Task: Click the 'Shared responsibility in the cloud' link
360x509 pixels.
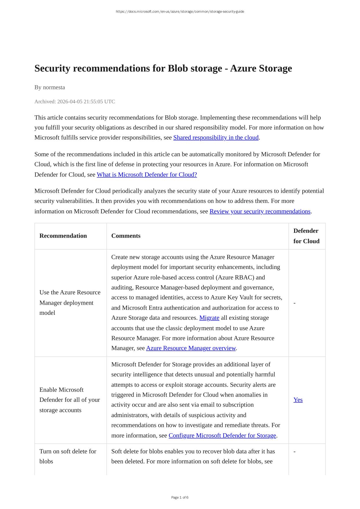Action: pos(216,138)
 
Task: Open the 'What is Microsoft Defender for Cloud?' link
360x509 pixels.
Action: pos(147,174)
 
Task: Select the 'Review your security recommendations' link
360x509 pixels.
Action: pos(260,211)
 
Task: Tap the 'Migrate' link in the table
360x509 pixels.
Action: pos(209,318)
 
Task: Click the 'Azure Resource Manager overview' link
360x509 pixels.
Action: pos(191,348)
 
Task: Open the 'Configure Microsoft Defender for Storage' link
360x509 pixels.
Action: pos(222,435)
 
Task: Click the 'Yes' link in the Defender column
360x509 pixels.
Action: pos(298,400)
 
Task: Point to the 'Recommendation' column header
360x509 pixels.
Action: pos(63,236)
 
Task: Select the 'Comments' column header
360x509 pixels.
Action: pos(126,236)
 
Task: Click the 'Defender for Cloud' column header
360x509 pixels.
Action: pos(306,236)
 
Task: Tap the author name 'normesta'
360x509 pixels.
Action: pos(54,87)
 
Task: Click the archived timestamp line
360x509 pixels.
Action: pos(74,101)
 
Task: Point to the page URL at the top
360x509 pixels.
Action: pos(180,12)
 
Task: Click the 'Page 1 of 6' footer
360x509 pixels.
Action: pos(180,497)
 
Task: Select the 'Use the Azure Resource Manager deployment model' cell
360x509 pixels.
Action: pos(70,303)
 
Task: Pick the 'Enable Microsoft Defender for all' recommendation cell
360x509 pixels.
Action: pos(70,400)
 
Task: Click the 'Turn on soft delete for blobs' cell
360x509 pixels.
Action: pos(68,456)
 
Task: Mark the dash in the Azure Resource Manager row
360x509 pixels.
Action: pos(294,303)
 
